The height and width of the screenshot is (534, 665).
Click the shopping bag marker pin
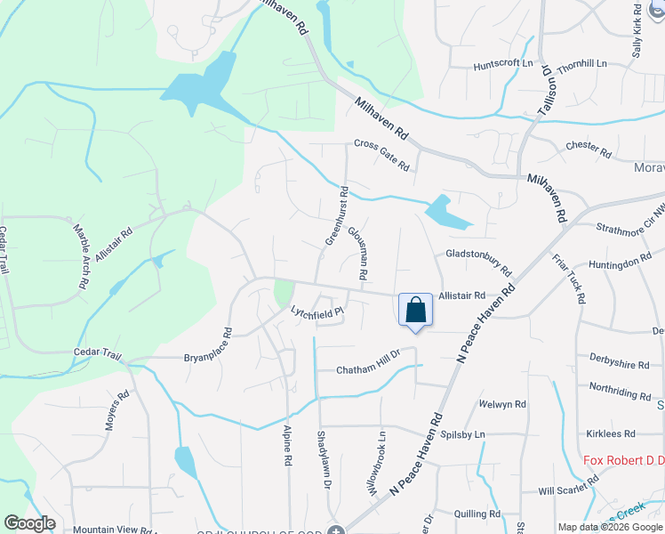coord(415,311)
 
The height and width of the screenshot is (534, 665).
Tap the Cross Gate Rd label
coord(381,155)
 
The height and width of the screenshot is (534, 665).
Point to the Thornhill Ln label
coord(581,64)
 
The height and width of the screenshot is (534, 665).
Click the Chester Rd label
coord(589,149)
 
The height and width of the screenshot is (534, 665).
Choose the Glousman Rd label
coord(357,253)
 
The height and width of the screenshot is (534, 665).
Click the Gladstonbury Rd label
coord(478,261)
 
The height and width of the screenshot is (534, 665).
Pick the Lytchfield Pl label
coord(317,311)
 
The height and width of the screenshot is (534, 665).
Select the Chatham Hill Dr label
coord(369,369)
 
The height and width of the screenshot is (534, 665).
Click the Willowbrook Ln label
coord(376,463)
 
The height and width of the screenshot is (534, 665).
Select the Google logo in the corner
coord(29,523)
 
